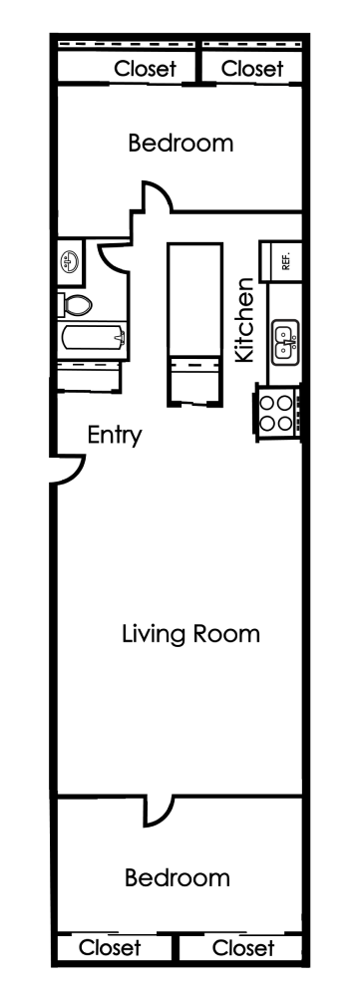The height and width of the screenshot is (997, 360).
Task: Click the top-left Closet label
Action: [146, 69]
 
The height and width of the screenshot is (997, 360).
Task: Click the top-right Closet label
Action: [252, 69]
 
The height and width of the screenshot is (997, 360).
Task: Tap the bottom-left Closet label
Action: [110, 946]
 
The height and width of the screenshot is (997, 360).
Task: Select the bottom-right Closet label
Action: [243, 946]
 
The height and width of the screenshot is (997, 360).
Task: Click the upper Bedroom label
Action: [180, 144]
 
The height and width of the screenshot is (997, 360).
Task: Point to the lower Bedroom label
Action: [178, 878]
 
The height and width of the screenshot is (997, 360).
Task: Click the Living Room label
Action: [190, 633]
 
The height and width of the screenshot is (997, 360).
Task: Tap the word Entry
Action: [115, 436]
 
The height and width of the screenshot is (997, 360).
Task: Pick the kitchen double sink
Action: [284, 341]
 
